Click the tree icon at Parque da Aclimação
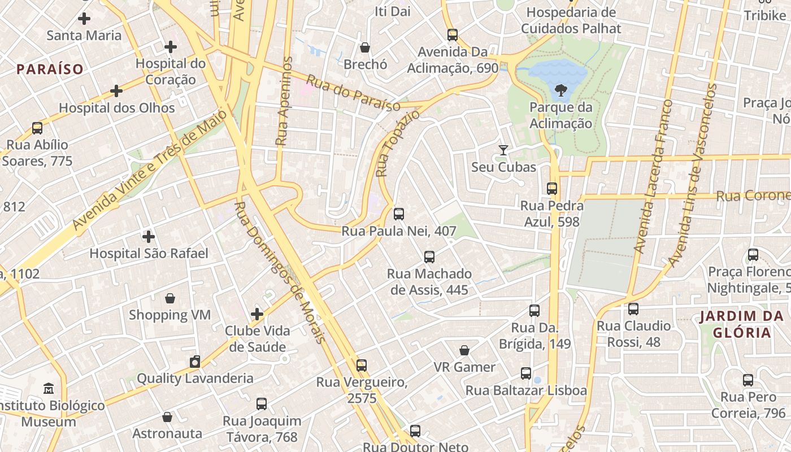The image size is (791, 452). coord(561,90)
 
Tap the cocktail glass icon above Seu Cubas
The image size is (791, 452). coord(503,150)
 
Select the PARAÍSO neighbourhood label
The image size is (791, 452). coord(50,69)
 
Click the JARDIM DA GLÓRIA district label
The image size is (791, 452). coord(742,324)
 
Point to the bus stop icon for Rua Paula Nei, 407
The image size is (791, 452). coord(398,214)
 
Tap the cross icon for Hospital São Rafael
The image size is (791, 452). coord(149,236)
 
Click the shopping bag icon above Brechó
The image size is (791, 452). coord(365,47)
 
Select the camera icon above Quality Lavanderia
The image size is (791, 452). coord(195,362)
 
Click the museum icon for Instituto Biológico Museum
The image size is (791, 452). coord(49,389)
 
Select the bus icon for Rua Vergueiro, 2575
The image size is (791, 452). coord(361,366)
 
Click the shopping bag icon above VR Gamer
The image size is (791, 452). coord(464,350)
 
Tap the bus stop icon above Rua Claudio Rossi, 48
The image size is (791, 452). coord(633,309)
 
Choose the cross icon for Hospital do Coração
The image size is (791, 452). coord(170,47)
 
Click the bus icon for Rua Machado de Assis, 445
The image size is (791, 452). coord(429,257)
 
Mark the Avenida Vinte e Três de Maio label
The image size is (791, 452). coord(149,170)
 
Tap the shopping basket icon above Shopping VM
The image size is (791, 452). coord(169,298)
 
